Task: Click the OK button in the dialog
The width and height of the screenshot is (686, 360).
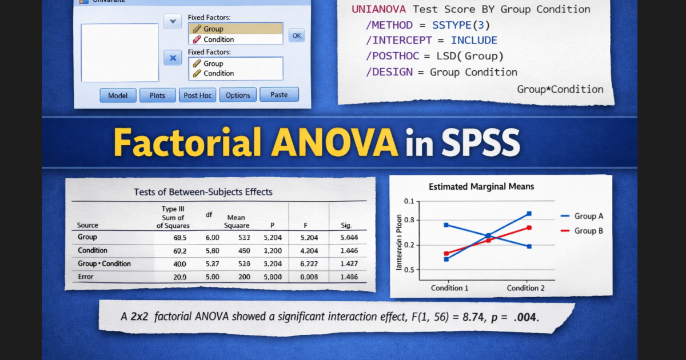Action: pos(296,35)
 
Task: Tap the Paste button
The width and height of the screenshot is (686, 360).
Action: pos(279,95)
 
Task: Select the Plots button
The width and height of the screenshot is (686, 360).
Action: pos(157,95)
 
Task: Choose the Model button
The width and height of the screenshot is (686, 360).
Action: pos(118,95)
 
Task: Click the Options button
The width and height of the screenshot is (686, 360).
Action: pos(238,95)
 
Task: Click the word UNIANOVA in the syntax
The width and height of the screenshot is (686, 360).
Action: pos(378,9)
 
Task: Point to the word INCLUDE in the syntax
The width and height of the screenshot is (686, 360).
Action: pos(474,40)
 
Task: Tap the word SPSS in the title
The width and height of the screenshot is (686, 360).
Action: pos(480,142)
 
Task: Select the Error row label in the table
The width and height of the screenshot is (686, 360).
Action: pos(86,277)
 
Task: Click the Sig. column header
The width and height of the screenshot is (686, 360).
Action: pos(346,225)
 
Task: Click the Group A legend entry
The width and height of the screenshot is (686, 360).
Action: pos(589,216)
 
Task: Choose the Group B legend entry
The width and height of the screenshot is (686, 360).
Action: pos(589,230)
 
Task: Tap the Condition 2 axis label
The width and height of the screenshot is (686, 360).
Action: pos(526,288)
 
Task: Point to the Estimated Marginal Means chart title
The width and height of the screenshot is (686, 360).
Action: pos(481,187)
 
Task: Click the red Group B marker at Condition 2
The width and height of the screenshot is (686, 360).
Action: pos(529,227)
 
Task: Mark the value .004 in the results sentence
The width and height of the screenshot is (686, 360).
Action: pos(526,317)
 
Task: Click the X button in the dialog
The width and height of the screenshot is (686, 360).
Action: pos(173,58)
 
